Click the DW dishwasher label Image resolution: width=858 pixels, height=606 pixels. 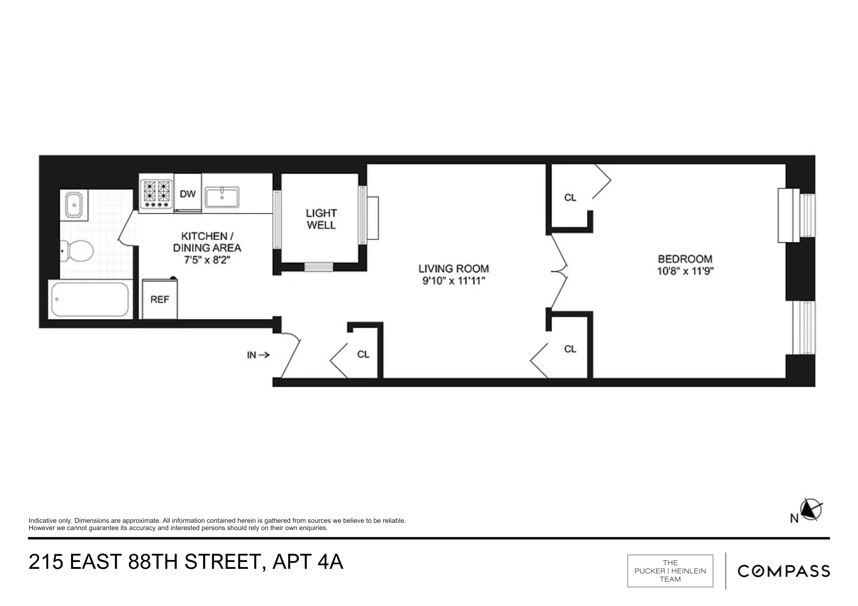coord(188,194)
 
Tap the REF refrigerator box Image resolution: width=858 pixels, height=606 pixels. coord(160,299)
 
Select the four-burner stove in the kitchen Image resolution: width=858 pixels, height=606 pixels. coord(156,194)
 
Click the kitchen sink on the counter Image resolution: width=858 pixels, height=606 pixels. coord(222,198)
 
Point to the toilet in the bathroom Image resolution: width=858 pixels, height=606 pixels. coord(77,250)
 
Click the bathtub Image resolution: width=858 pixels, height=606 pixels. coord(90,299)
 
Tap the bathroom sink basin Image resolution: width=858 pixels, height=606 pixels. coord(74,205)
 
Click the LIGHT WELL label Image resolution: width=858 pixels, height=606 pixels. coord(321,219)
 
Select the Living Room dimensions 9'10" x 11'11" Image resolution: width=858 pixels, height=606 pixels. coord(453,281)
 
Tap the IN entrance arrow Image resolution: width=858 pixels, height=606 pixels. coord(258,355)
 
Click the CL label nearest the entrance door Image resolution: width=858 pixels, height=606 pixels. coord(363,354)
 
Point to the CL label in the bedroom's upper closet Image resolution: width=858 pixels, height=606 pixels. coord(570,198)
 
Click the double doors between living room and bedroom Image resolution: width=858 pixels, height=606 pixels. coord(559,271)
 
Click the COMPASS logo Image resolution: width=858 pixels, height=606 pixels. coord(784,571)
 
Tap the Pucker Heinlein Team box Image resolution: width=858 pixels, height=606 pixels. coord(670,571)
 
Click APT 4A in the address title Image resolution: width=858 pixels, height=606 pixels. coord(308,562)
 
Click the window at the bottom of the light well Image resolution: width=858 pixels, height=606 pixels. coord(318,267)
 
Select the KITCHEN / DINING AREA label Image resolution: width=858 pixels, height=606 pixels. coord(207,242)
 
